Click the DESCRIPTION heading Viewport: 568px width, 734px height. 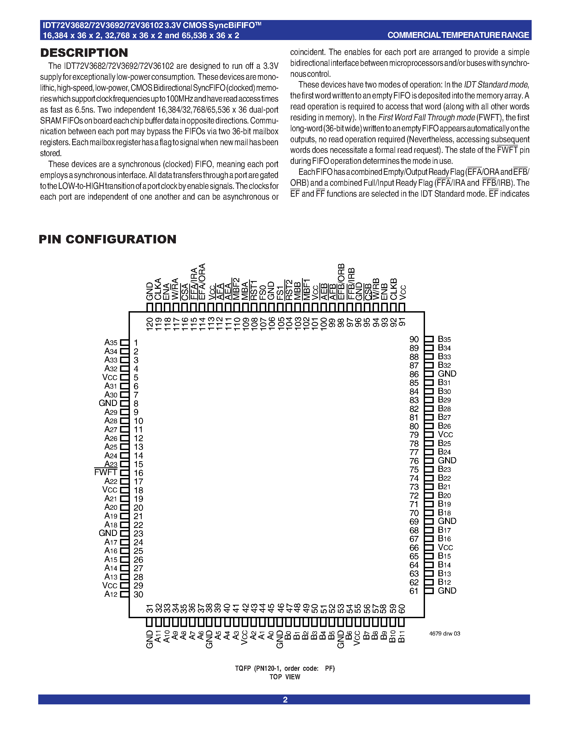[x=84, y=53]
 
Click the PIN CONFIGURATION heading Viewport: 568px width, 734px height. [x=107, y=239]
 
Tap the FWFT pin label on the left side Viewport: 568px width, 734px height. [x=105, y=472]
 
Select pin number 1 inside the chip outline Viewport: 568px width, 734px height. [x=136, y=343]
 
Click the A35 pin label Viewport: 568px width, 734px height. [x=111, y=342]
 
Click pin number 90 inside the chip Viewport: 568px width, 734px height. [x=414, y=340]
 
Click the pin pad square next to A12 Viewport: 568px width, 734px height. [x=125, y=594]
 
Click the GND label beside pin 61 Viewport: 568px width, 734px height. [x=447, y=590]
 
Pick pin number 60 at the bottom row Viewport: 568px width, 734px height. [x=402, y=609]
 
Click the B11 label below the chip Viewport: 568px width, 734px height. [x=401, y=637]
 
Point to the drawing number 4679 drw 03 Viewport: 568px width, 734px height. [x=445, y=634]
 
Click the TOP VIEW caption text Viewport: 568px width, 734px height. [x=285, y=677]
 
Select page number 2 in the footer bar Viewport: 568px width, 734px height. [x=285, y=699]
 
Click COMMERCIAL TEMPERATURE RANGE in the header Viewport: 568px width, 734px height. [x=458, y=35]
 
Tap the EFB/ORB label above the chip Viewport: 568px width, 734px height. [x=341, y=282]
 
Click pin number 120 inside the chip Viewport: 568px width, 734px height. [x=150, y=324]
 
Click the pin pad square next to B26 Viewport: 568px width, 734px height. [x=429, y=426]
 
